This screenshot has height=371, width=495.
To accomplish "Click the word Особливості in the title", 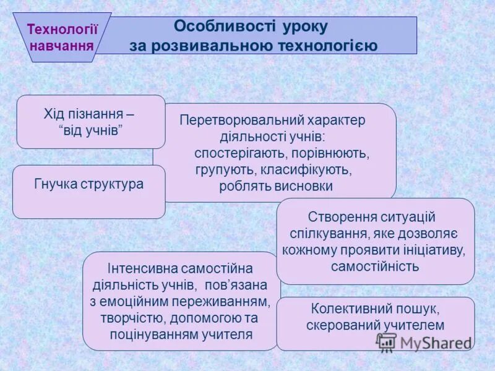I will tap(209, 27).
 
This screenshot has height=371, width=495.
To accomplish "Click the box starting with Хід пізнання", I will tap(90, 121).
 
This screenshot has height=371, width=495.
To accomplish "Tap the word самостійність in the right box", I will tap(375, 267).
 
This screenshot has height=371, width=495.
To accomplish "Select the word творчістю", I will tap(127, 318).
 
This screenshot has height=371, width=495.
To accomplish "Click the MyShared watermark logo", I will tap(423, 343).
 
